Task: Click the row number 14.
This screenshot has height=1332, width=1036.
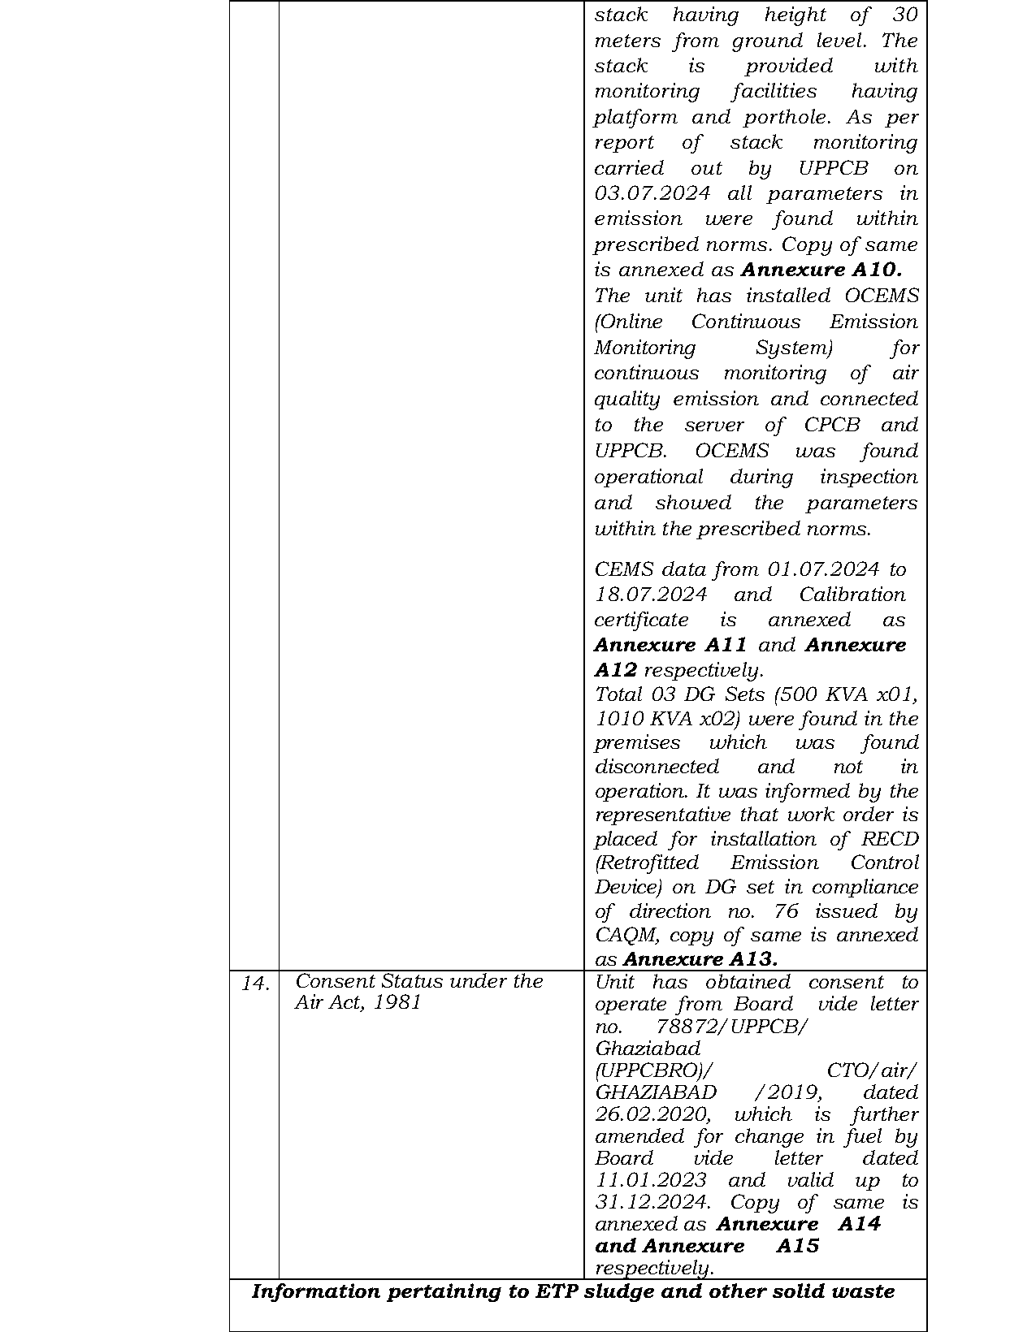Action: (255, 984)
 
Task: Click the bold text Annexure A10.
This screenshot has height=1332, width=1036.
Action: (821, 270)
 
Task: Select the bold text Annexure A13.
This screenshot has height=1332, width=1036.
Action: (700, 959)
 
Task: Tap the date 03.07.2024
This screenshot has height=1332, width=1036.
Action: (652, 194)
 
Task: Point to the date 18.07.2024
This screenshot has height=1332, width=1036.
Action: (650, 595)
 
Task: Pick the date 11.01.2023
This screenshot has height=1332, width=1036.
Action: (650, 1180)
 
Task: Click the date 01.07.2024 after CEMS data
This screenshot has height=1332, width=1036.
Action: (823, 569)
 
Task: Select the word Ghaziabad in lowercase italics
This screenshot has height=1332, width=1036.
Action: (648, 1049)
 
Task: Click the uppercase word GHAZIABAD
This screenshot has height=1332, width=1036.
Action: (656, 1092)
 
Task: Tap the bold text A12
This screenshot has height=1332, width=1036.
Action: (615, 670)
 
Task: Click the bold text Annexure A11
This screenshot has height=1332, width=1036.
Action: (670, 645)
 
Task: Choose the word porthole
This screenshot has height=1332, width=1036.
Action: (787, 117)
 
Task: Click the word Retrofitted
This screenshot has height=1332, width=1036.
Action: (647, 863)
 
